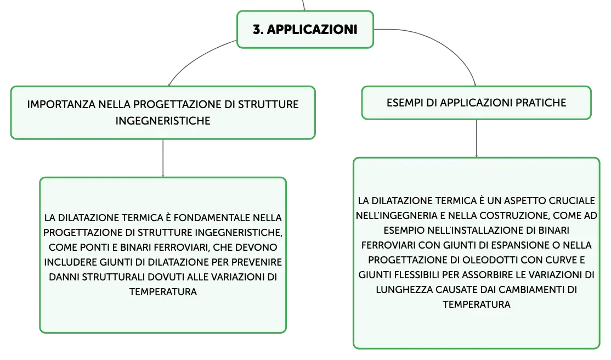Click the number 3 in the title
[257, 29]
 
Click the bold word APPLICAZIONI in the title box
[312, 29]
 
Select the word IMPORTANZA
[61, 104]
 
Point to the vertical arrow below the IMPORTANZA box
[163, 158]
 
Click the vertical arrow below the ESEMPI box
[477, 138]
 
